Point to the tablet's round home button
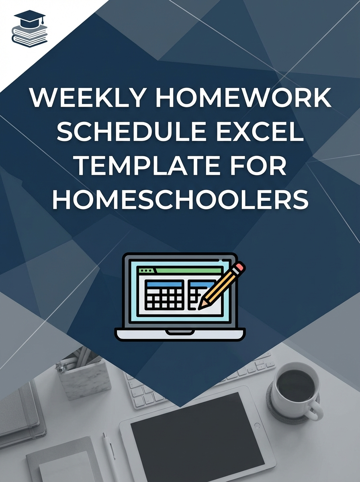(258, 425)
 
